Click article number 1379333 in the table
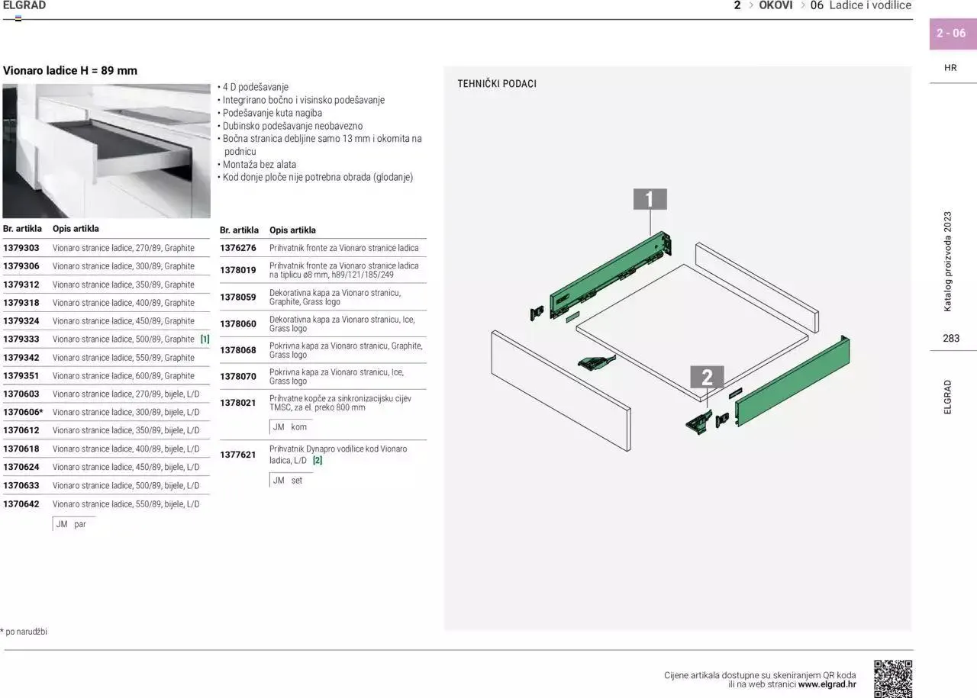pos(21,339)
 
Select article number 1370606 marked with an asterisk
pos(23,412)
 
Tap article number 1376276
pos(237,248)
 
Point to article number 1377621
pos(237,455)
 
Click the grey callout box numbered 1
pos(650,199)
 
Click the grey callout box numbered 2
pos(707,377)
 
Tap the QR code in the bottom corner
pos(893,679)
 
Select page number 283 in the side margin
pos(951,338)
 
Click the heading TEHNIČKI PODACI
pos(497,84)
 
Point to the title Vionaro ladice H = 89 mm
pos(69,71)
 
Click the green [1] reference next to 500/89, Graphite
pos(205,339)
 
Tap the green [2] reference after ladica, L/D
pos(318,460)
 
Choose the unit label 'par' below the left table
pos(80,524)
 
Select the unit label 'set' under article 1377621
pos(297,481)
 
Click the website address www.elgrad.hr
pos(827,684)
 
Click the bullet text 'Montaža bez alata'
pos(259,165)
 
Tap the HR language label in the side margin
pos(950,68)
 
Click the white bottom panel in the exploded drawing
pos(692,331)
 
